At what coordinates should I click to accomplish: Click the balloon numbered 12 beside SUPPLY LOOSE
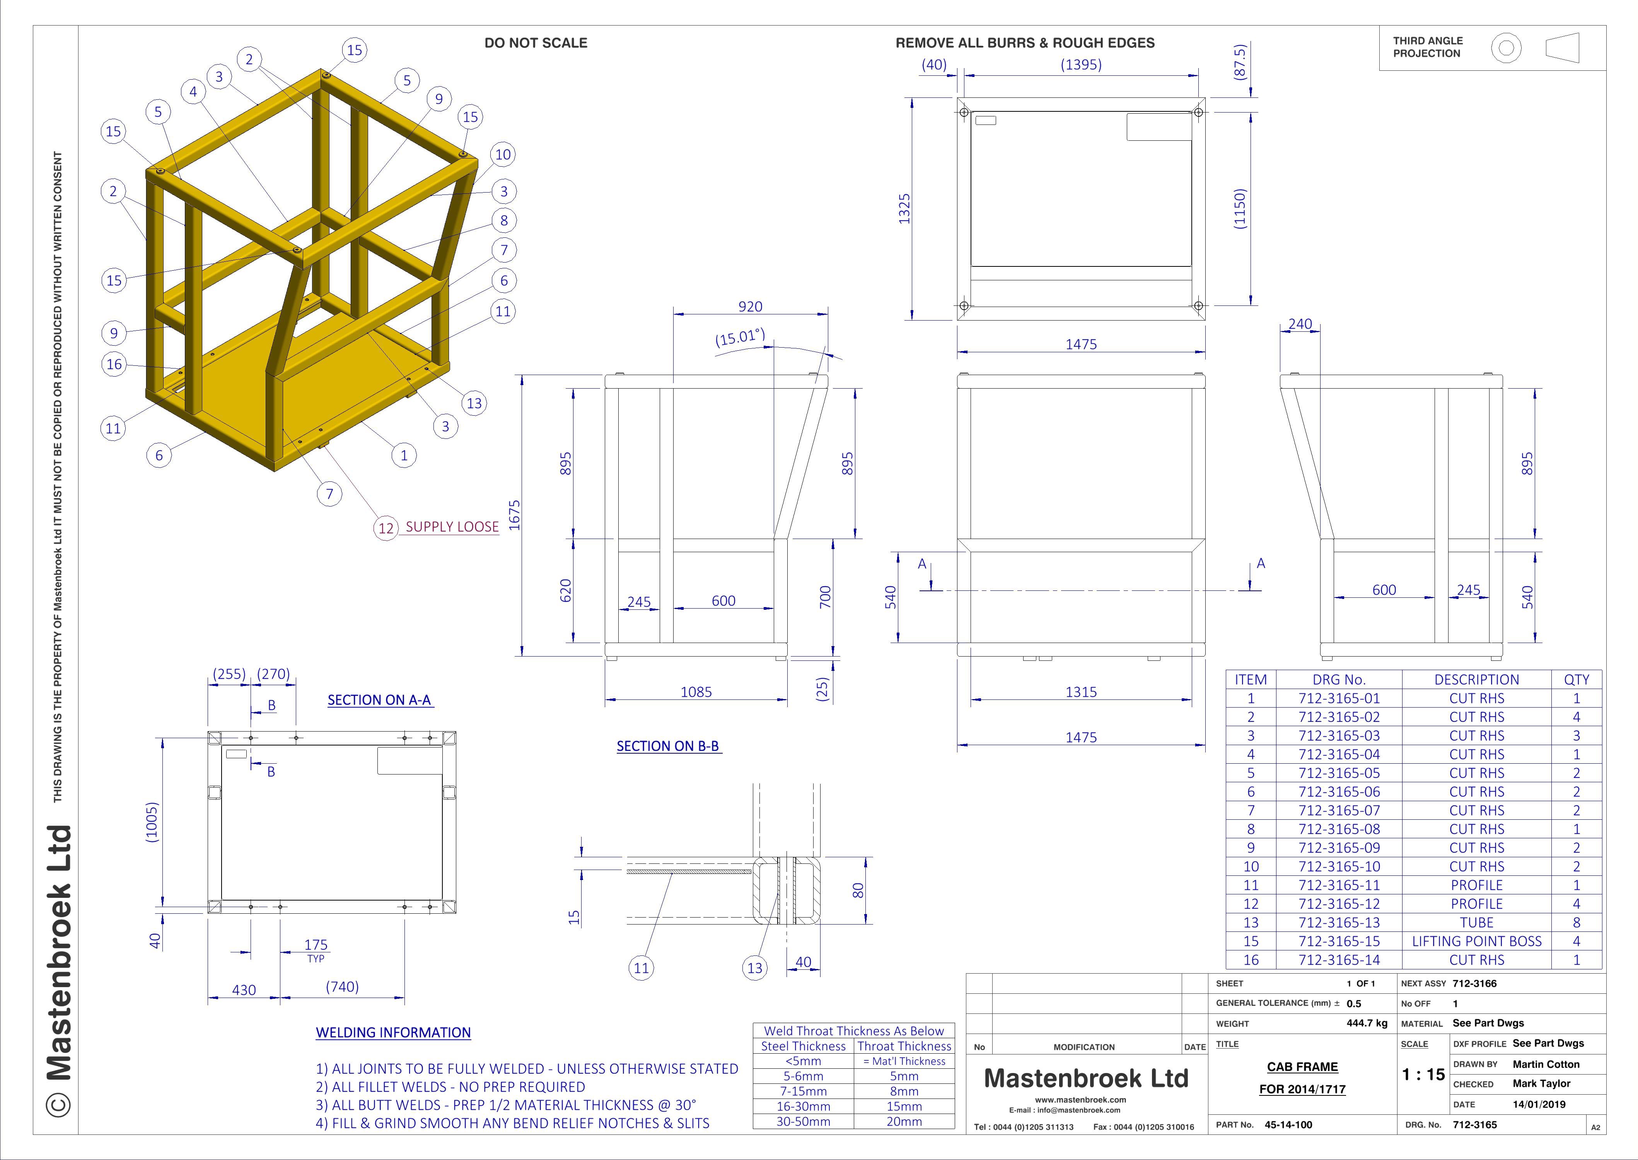[386, 528]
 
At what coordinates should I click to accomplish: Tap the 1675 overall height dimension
[514, 515]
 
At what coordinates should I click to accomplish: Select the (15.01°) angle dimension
[740, 337]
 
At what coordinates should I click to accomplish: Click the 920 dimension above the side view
[750, 306]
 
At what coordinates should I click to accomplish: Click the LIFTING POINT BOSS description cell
[1476, 942]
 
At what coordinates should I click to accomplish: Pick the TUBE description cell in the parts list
[1476, 923]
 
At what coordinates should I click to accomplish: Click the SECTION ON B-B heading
[668, 746]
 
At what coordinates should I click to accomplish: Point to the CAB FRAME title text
[1302, 1066]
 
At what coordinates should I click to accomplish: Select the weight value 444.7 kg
[1367, 1023]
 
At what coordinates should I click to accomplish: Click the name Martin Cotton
[1546, 1064]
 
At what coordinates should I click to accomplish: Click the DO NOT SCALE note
[536, 43]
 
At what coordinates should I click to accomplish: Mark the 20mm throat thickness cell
[904, 1121]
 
